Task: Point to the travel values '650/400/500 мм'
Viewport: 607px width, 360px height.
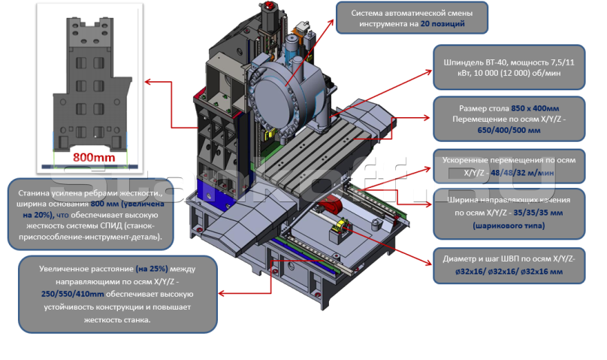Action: (509, 130)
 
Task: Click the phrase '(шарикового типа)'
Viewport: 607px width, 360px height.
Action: (509, 224)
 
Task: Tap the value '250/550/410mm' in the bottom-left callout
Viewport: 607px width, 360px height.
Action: (74, 295)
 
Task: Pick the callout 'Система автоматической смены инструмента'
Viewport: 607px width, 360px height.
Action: (411, 17)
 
